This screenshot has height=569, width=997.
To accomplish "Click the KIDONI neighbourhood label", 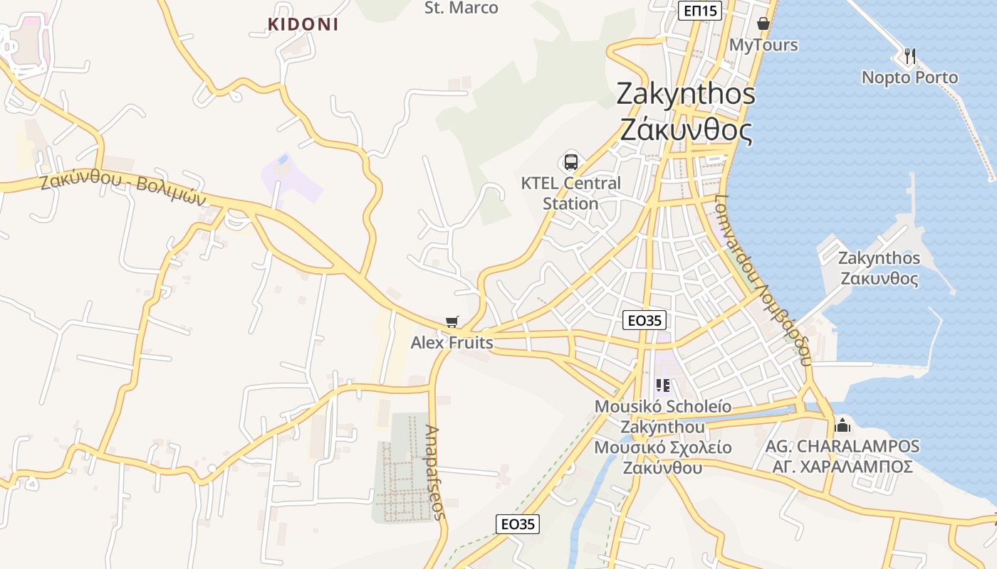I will click(x=303, y=24).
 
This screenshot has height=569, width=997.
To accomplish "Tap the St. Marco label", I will click(x=461, y=8).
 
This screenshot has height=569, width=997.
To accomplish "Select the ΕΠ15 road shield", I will click(x=701, y=10).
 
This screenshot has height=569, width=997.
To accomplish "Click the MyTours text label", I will click(x=763, y=45).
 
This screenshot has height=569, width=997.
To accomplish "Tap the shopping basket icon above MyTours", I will click(x=763, y=23).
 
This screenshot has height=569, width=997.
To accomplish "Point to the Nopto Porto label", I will click(x=909, y=77).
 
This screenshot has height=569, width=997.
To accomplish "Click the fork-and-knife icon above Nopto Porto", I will click(x=909, y=55).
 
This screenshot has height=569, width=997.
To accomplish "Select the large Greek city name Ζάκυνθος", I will click(x=686, y=130).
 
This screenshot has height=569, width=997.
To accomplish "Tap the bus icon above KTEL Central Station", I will click(x=570, y=161).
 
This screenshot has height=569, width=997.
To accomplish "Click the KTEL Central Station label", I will click(x=570, y=193).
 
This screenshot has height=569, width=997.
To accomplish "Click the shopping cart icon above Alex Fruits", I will click(x=451, y=321).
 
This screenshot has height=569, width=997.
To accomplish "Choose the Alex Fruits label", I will click(x=451, y=343).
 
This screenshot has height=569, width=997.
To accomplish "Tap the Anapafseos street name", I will click(x=435, y=472).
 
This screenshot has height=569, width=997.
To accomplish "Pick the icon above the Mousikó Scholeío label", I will click(x=663, y=385).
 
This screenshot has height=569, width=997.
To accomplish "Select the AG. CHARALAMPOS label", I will click(x=842, y=447).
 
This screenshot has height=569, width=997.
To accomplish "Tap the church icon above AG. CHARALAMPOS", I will click(x=842, y=425).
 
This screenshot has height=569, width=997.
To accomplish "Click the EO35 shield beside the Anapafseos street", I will click(x=518, y=524).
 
